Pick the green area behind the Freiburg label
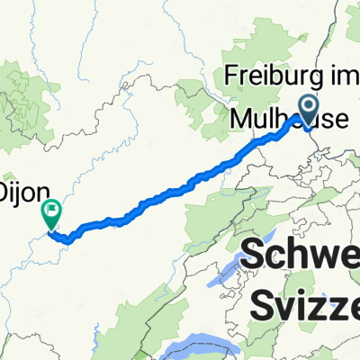coord(270,54)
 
